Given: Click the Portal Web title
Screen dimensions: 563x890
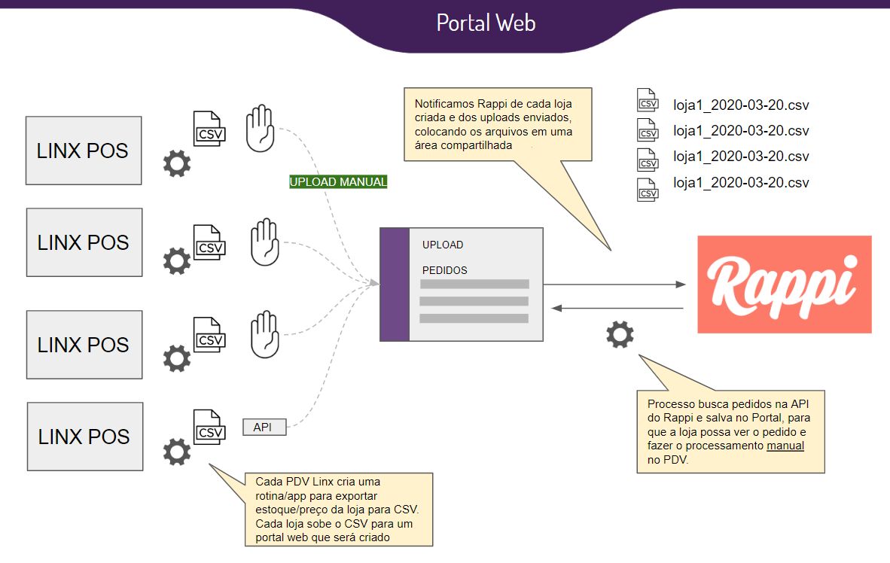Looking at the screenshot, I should [486, 23].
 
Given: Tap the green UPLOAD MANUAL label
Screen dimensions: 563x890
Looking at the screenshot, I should [338, 182].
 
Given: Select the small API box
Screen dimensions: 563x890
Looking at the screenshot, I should [264, 428].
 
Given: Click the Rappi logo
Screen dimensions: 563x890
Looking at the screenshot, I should [784, 285].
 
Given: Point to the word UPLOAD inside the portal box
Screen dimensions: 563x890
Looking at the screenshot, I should [443, 245].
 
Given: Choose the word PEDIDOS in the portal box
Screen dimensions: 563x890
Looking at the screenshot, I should [444, 270].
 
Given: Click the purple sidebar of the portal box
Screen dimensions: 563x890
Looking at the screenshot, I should [394, 285].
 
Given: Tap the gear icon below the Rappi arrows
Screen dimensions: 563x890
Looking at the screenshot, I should [620, 334].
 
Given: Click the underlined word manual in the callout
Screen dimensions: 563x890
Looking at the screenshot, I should [785, 446].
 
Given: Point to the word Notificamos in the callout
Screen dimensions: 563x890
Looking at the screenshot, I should [446, 104].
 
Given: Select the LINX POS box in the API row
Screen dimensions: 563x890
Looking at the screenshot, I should [84, 437].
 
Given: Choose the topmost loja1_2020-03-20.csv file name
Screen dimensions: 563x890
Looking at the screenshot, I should [741, 105].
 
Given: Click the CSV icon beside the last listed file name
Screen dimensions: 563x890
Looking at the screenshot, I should [648, 188].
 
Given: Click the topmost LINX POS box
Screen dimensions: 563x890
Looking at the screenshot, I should [84, 151].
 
